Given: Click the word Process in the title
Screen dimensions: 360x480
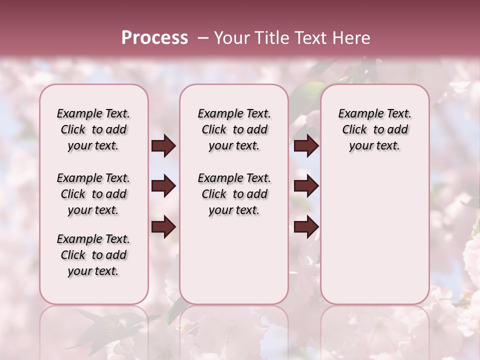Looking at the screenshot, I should point(154,38).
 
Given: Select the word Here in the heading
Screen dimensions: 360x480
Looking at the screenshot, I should point(350,38).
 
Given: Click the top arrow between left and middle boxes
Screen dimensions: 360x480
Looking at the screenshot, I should point(163,146).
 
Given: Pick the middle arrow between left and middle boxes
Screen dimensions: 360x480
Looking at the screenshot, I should point(163,186).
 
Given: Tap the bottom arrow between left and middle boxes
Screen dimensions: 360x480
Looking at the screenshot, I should point(163,227).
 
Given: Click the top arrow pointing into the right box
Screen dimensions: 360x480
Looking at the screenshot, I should point(306,146).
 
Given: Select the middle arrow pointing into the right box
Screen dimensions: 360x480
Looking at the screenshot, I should point(306,186).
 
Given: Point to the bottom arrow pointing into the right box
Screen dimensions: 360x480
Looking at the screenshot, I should point(306,227).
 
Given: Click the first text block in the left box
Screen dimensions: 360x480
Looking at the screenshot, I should point(93,129).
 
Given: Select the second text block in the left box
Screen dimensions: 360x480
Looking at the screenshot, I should point(93,194).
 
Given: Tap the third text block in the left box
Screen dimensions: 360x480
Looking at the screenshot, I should point(93,255).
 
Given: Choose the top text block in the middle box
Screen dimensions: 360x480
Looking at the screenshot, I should point(234,129).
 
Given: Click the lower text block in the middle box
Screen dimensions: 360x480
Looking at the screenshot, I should point(234,194).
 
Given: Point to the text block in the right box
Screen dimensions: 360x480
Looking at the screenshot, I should point(374,129).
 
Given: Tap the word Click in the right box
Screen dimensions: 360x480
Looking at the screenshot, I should point(354,130).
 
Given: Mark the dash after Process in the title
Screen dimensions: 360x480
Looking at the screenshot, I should point(203,38).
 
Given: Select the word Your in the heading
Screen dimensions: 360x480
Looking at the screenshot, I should point(232,38).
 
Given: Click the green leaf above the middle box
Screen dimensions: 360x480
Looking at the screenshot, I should point(306,95).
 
